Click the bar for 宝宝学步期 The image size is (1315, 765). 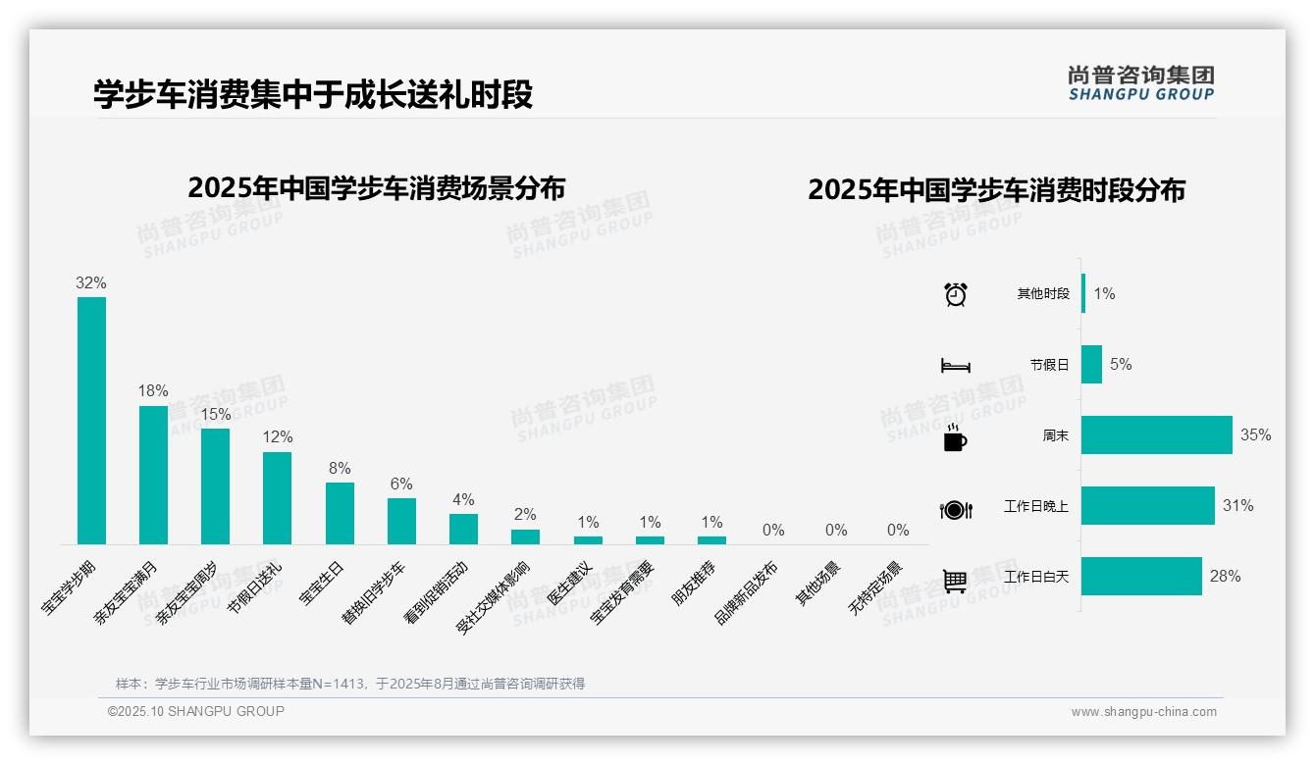[91, 421]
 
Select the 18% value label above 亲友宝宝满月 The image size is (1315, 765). [153, 389]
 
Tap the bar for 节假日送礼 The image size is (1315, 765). [277, 497]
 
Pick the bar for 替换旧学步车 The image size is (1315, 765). [401, 521]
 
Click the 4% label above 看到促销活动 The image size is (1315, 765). [463, 499]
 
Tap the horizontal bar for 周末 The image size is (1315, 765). [1156, 435]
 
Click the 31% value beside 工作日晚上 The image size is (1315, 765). [1237, 506]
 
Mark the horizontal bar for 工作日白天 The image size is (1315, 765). [1141, 577]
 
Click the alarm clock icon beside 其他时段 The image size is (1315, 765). [955, 294]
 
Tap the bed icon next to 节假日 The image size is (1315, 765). [955, 365]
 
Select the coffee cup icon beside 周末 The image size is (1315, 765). [955, 437]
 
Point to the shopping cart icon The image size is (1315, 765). [955, 580]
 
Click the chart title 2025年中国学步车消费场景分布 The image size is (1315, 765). [376, 187]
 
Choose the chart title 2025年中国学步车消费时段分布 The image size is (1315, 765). [996, 189]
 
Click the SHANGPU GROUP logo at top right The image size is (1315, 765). [1140, 83]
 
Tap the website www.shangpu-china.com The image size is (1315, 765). [1143, 712]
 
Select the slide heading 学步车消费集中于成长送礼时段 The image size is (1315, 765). [313, 95]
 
